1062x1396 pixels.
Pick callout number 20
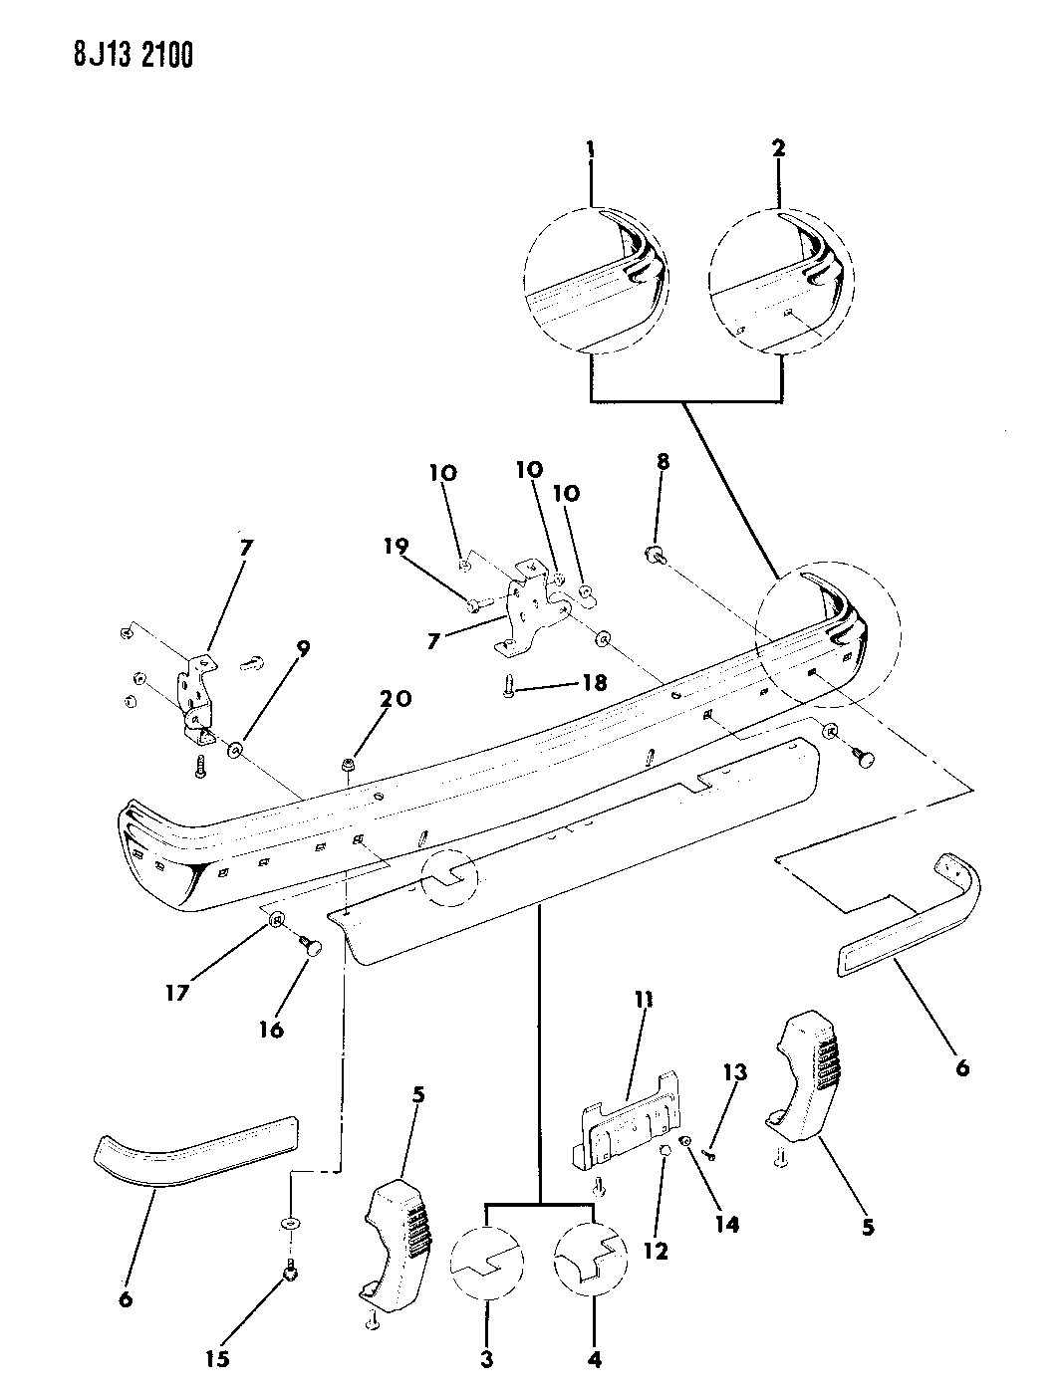click(x=396, y=699)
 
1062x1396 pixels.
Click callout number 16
click(x=271, y=1030)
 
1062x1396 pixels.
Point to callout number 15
click(x=217, y=1356)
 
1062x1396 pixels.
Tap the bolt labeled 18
click(x=511, y=686)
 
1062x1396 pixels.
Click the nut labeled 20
click(x=349, y=764)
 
